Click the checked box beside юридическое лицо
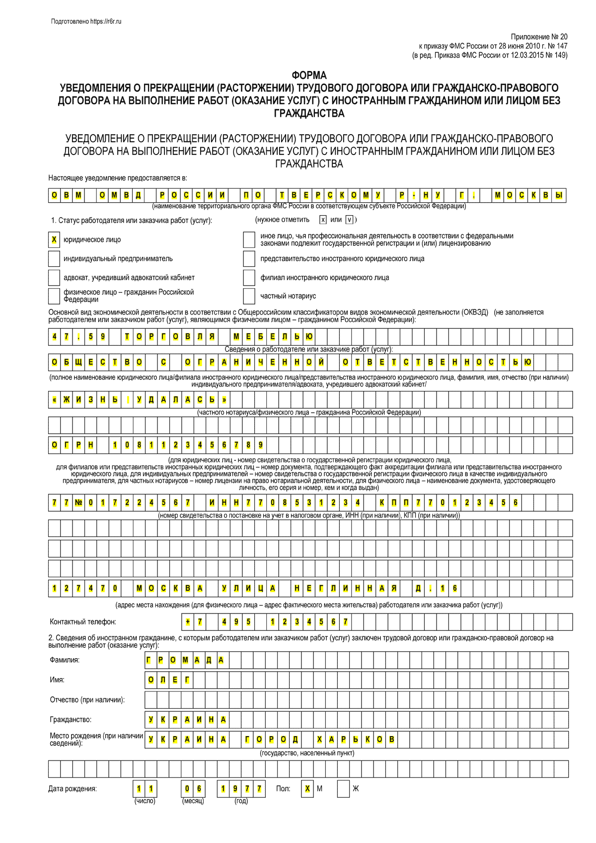[54, 240]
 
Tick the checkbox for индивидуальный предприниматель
[54, 259]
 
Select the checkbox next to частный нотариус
[249, 296]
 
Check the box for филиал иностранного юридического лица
[249, 278]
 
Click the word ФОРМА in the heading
[309, 76]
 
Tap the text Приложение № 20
[539, 37]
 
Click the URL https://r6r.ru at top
[106, 21]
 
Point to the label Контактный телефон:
[83, 622]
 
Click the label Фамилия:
[65, 660]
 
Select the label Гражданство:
[71, 720]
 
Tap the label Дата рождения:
[73, 789]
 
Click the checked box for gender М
[308, 789]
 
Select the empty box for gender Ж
[343, 789]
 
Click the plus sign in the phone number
[188, 622]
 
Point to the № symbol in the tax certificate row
[78, 503]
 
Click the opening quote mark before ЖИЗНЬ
[54, 400]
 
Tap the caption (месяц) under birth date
[193, 801]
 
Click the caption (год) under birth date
[241, 801]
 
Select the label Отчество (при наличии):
[87, 700]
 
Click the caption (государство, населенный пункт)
[307, 753]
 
